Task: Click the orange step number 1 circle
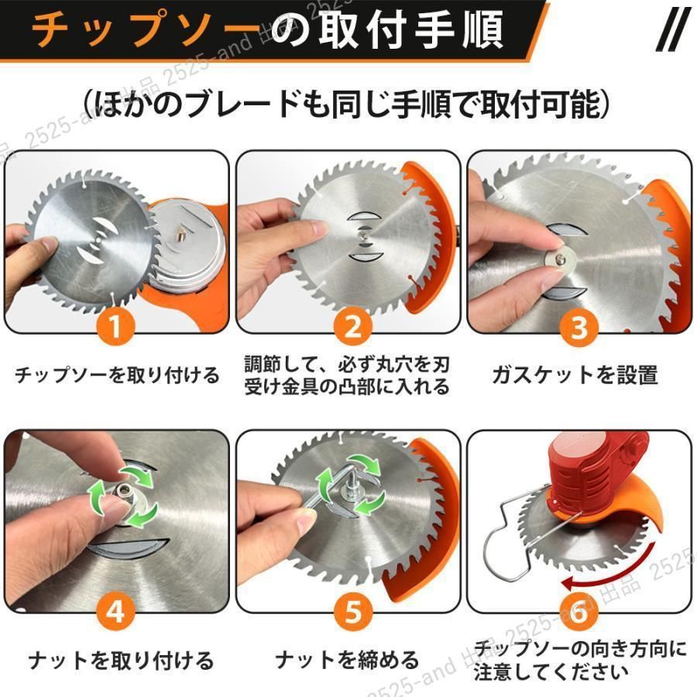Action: click(x=115, y=327)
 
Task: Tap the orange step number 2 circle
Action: click(x=353, y=327)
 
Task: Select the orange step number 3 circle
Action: click(x=579, y=328)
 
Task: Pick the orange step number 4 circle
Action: click(x=115, y=611)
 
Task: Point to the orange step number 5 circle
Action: click(x=353, y=611)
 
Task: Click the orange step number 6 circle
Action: click(x=579, y=612)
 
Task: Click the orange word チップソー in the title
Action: click(x=146, y=29)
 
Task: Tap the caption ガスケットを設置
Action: click(x=575, y=375)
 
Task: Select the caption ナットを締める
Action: click(x=347, y=660)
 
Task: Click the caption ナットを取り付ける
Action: click(x=121, y=661)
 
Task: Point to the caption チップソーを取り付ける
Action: click(x=118, y=375)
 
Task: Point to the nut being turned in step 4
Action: click(x=121, y=492)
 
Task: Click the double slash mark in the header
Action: click(x=674, y=29)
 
